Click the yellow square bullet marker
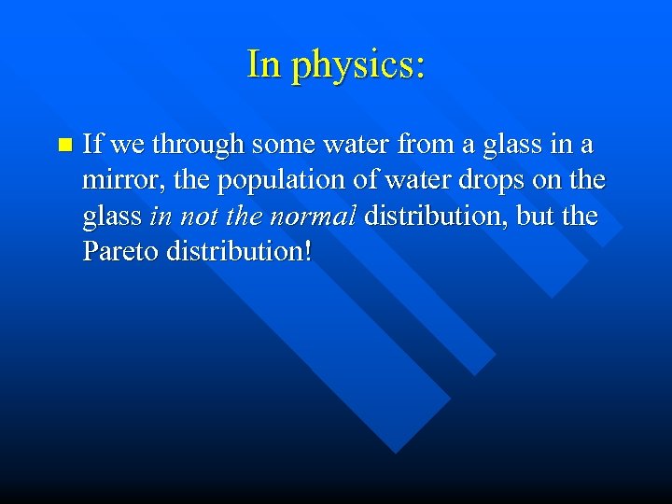pos(63,146)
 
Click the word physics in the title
pos(357,65)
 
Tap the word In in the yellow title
pos(263,63)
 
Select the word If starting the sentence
pos(92,145)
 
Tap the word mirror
pos(114,181)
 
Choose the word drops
pos(489,181)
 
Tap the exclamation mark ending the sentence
pos(307,252)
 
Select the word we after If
pos(127,146)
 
